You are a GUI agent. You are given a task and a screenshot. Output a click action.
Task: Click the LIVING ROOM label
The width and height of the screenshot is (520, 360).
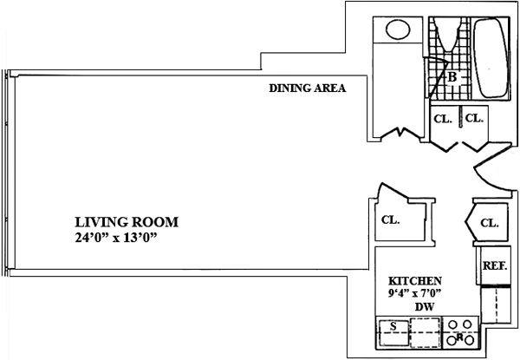point(127,222)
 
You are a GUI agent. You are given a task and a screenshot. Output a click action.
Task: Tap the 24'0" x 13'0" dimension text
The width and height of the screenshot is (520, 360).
point(116,238)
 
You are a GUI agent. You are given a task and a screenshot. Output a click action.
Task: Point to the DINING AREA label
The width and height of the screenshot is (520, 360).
point(308,88)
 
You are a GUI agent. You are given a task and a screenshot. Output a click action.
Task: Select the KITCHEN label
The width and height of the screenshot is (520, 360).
point(415,281)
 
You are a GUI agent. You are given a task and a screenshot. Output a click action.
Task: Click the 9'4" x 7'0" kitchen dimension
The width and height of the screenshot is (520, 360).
point(414,293)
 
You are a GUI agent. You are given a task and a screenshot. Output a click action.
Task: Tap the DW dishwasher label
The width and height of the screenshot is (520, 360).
point(425,307)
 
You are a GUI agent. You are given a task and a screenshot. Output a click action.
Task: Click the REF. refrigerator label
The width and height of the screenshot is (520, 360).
point(495,265)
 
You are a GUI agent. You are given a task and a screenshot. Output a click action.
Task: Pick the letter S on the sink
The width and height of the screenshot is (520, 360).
point(393,326)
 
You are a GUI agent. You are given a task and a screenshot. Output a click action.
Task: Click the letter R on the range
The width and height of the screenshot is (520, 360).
point(459,337)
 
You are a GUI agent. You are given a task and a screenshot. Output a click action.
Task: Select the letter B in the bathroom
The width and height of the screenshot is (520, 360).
point(452,77)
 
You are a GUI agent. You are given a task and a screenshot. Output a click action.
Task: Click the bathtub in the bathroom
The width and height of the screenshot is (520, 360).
point(491,58)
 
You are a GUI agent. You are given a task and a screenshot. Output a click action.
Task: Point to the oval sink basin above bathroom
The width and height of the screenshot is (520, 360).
point(399,29)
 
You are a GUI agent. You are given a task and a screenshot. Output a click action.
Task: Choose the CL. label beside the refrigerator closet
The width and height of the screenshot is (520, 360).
point(490,223)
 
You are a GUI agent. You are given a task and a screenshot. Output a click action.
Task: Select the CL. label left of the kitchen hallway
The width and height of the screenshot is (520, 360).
point(390,219)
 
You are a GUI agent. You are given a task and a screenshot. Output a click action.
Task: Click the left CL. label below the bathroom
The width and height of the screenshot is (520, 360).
point(443,119)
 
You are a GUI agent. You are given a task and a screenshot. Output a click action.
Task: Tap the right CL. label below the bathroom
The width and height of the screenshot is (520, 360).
point(474,118)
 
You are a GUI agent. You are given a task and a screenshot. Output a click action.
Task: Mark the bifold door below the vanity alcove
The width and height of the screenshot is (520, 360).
point(401,133)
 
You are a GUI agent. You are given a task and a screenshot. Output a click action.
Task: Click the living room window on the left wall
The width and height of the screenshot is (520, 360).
point(6,173)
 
